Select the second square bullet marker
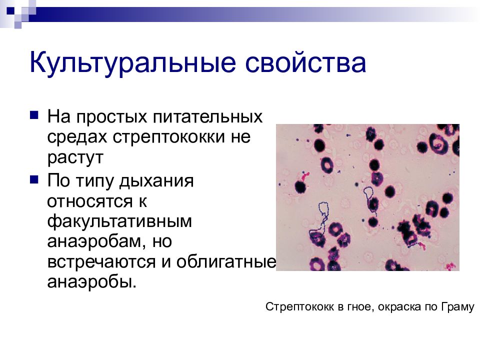click(x=34, y=178)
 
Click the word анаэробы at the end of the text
click(x=91, y=281)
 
